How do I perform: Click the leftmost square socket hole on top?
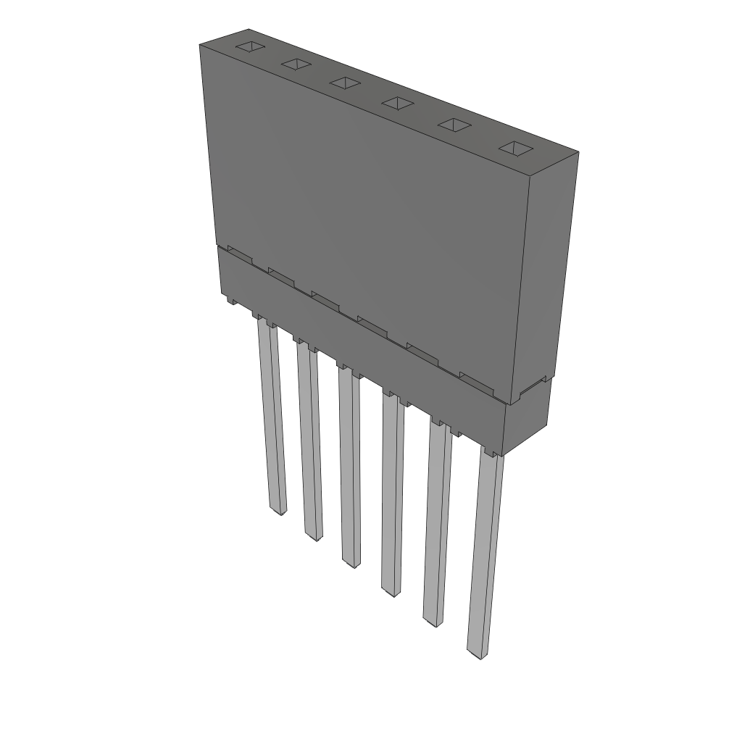[x=248, y=48]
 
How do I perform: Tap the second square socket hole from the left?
[x=296, y=65]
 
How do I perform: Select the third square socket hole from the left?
[x=345, y=83]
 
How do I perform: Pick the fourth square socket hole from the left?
[x=397, y=103]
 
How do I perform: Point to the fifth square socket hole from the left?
[x=454, y=125]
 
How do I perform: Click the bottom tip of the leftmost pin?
[x=278, y=509]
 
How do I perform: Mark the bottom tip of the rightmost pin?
[x=475, y=654]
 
